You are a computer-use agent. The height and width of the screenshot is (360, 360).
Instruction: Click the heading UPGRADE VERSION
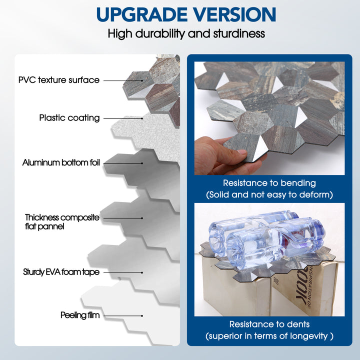coord(186,14)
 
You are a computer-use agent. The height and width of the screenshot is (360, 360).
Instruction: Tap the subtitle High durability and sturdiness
coord(186,34)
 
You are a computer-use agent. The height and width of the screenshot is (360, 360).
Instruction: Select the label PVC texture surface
coord(59,80)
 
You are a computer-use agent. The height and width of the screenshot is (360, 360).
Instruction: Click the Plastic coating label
coord(69,118)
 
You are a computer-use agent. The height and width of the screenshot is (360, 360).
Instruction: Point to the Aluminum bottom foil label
coord(61,162)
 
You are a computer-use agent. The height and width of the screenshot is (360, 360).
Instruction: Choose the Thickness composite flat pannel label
coord(62,222)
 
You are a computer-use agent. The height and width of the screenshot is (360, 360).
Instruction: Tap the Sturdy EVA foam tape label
coord(61,272)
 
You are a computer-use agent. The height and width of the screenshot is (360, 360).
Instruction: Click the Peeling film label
coord(80,315)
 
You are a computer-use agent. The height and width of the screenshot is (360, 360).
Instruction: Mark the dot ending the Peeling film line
coord(142,316)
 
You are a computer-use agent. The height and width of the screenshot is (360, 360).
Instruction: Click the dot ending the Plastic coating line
coord(142,118)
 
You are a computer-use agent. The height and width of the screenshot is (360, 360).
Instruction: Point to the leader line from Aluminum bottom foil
coord(123,163)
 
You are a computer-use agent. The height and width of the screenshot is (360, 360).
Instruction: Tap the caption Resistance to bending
coord(269,183)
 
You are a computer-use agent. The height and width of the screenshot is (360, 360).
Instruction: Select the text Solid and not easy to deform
coord(269,194)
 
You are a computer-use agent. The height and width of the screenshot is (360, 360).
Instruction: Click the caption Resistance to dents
coord(269,324)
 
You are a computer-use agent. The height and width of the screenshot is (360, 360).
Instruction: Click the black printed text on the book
coord(303,287)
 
